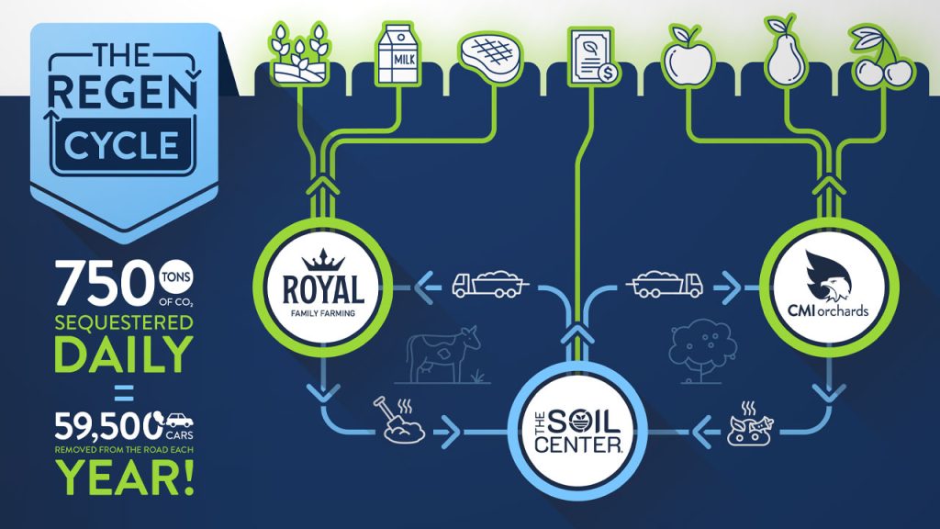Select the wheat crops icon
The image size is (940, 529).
300,53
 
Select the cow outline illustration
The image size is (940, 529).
443,353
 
